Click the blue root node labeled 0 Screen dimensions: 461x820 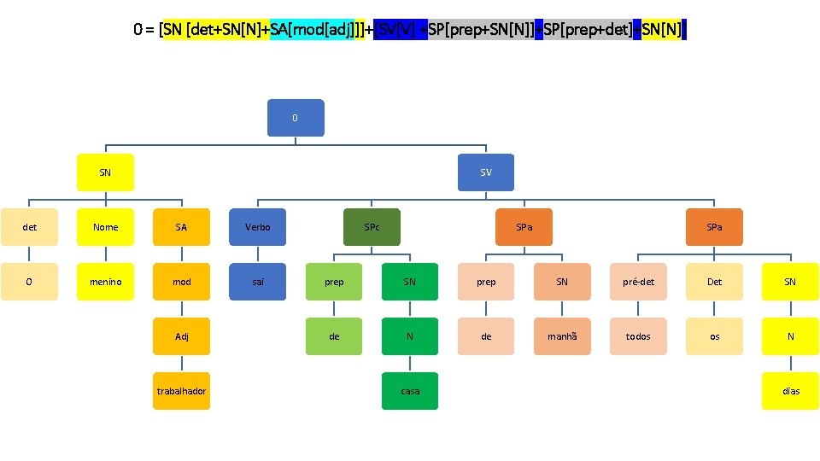[295, 118]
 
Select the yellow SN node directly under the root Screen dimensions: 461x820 [105, 172]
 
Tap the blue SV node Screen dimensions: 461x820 [486, 172]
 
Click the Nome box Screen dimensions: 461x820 [105, 227]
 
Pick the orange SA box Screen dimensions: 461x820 [181, 227]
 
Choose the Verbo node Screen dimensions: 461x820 [257, 227]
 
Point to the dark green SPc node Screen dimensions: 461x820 [372, 227]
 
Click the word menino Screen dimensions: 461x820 [105, 282]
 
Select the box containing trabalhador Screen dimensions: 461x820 [181, 391]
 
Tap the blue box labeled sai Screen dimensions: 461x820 [257, 282]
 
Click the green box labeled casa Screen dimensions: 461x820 [410, 391]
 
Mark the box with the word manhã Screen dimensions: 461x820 [562, 336]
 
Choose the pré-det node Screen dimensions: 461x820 [638, 282]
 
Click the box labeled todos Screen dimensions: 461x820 [638, 336]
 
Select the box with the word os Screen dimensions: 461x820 [714, 336]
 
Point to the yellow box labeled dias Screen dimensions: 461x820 [790, 391]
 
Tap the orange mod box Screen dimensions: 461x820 [181, 282]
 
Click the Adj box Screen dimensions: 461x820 [181, 336]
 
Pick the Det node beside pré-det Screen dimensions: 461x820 [714, 282]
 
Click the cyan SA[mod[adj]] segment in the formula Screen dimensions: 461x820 [318, 31]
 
